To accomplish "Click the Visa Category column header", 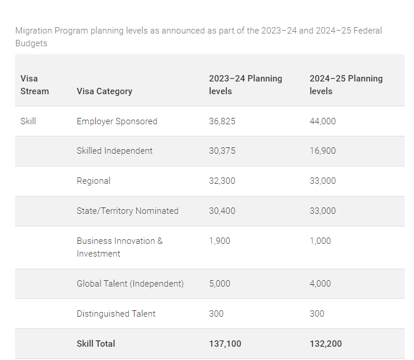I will (104, 91).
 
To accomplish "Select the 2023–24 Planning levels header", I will (245, 84).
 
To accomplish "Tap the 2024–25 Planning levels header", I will (346, 84).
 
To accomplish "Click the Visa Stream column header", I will (35, 84).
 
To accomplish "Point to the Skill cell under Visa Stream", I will (28, 121).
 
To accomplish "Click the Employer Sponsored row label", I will (117, 121).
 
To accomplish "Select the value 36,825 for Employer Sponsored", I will (222, 121).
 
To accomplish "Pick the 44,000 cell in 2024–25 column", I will (322, 121).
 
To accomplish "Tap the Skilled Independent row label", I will (114, 151).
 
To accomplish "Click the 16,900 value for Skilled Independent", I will (322, 151).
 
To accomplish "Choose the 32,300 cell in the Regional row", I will (222, 181).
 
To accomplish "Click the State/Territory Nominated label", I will (127, 211).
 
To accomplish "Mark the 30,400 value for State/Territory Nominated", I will (222, 211).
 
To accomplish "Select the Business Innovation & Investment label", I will (120, 247).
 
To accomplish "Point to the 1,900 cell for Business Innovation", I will (219, 241).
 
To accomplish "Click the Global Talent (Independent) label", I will (130, 284).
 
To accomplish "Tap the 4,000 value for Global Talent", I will (320, 284).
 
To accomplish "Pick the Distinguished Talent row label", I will (115, 314).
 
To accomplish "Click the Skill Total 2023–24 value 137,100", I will (225, 344).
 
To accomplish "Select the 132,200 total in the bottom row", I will (326, 344).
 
